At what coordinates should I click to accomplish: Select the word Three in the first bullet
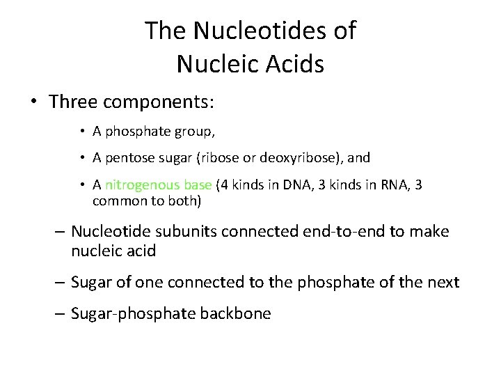point(73,102)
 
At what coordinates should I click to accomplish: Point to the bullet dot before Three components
point(33,102)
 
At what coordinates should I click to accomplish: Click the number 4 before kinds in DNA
point(225,185)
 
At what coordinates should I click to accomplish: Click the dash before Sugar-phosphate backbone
point(60,314)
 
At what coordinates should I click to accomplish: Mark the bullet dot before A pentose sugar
point(82,158)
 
